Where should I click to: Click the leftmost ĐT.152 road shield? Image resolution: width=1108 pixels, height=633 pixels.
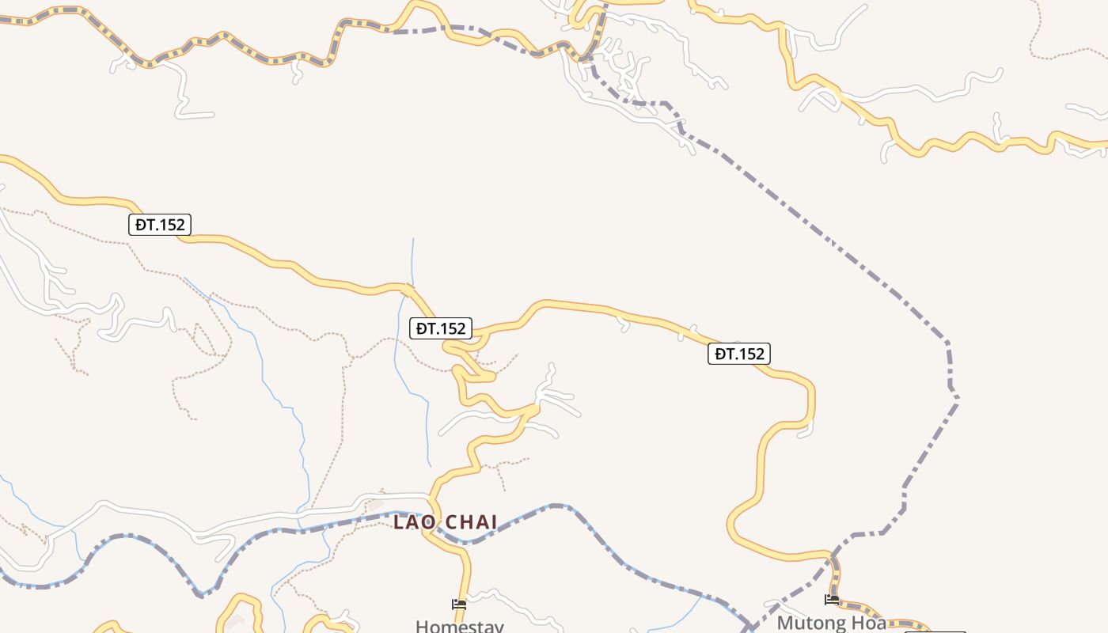coord(160,225)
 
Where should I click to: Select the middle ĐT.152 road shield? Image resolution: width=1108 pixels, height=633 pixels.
coord(441,328)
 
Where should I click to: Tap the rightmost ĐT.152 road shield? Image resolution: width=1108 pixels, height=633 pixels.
coord(739,354)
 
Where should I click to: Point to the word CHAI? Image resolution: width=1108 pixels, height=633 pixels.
coord(471,522)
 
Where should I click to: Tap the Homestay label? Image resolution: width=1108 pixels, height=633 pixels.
coord(459,626)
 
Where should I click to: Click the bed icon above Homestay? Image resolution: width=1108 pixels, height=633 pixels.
coord(459,605)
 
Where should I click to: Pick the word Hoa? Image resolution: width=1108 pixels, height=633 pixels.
coord(869,622)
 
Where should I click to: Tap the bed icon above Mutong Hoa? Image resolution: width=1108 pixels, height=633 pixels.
coord(832,600)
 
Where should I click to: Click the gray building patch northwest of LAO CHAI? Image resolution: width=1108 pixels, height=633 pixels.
coord(374,502)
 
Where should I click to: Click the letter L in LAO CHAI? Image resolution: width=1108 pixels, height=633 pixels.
coord(399,522)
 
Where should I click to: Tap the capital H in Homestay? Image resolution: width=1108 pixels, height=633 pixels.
coord(421,626)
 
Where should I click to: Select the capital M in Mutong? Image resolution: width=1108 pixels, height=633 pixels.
coord(785,622)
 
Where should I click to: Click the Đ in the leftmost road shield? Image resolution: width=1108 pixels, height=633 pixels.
coord(140,225)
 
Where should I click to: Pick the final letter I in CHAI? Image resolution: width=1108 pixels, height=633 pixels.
coord(495,522)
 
